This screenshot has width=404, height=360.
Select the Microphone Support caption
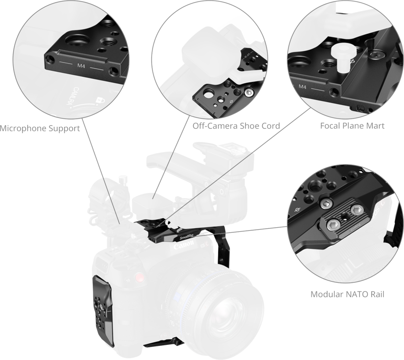[x=40, y=129]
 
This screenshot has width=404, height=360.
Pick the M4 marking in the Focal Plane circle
[x=302, y=87]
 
